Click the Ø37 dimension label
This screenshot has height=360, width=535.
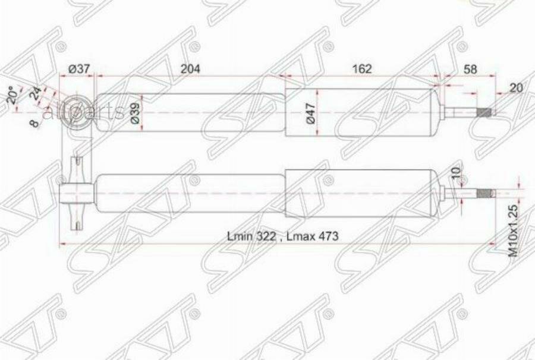click(79, 69)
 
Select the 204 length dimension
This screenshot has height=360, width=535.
click(190, 69)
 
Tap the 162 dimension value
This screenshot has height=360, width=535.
click(361, 69)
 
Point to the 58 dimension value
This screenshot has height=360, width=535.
click(470, 69)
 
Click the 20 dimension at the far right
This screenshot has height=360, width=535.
click(516, 88)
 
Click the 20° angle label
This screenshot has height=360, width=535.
click(12, 96)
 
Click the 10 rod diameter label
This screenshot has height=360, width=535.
click(456, 175)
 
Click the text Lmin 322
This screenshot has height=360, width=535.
click(251, 236)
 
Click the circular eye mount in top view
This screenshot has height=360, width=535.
click(78, 111)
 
